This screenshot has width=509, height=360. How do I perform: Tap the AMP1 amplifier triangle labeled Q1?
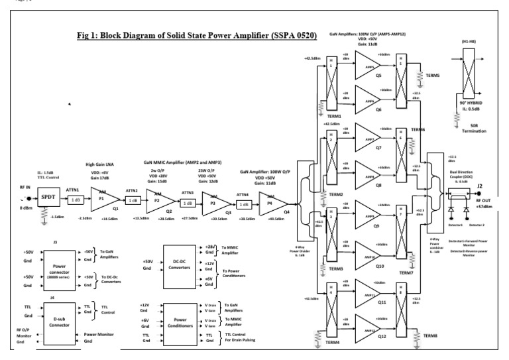(x=103, y=199)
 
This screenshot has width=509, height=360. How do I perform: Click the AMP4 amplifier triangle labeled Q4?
(x=272, y=200)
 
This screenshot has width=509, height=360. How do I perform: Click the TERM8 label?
(x=430, y=337)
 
